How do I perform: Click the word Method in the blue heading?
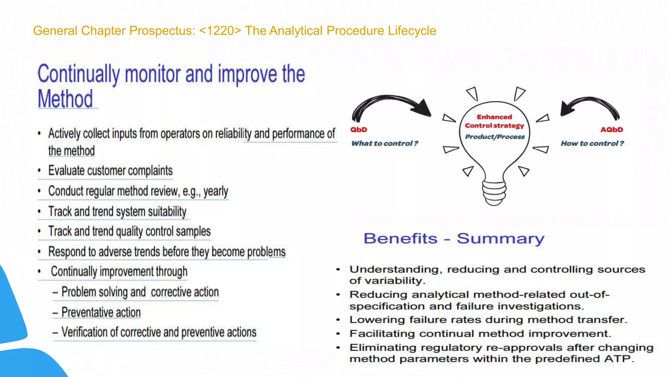(x=65, y=99)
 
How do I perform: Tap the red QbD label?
(x=359, y=130)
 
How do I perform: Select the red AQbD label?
(x=611, y=130)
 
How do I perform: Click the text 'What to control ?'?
(x=385, y=143)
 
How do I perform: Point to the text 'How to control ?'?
(x=592, y=143)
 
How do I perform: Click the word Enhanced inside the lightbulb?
(x=494, y=117)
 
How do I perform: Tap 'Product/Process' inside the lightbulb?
(x=495, y=137)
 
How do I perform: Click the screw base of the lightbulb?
(x=494, y=193)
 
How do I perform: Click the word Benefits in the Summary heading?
(x=400, y=239)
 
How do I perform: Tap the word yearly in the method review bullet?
(x=216, y=191)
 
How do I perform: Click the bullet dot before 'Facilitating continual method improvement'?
(x=338, y=334)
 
